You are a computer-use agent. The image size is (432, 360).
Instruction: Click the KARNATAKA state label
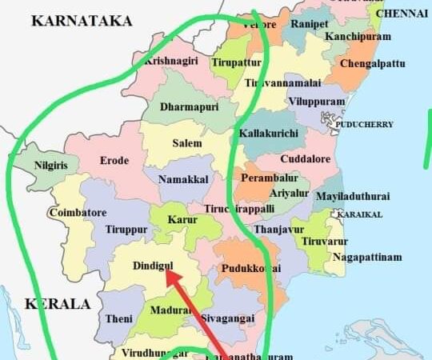pos(82,22)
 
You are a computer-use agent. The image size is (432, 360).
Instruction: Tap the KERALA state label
pos(57,304)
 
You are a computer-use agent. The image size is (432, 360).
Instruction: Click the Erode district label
pos(114,161)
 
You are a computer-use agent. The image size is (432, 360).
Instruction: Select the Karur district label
pos(182,218)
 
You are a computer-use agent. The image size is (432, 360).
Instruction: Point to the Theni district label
pos(114,319)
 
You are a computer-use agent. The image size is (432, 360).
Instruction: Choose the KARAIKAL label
pos(359,214)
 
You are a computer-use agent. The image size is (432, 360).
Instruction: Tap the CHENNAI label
pos(402,14)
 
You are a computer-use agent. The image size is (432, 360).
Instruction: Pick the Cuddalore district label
pos(305,159)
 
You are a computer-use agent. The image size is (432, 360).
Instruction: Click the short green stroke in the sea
pos(427,139)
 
